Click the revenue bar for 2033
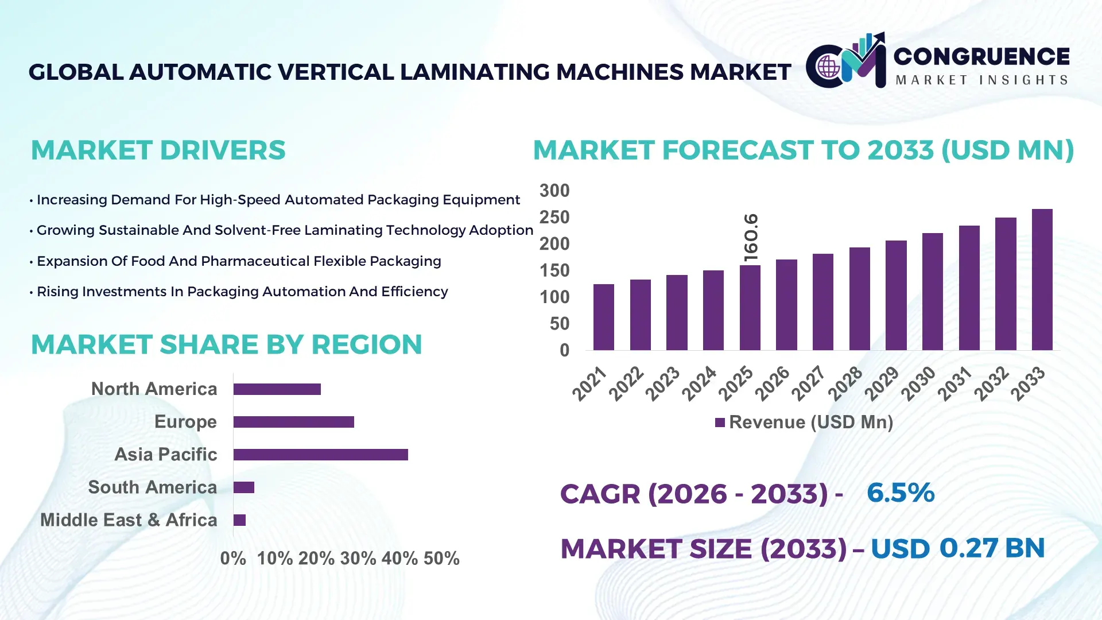(x=1042, y=280)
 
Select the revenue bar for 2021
(x=603, y=317)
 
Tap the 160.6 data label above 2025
(x=751, y=238)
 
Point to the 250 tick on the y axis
(x=554, y=218)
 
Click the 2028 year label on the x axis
(x=845, y=383)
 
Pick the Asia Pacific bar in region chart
(x=320, y=455)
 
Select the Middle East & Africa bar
(x=239, y=520)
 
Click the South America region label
(x=152, y=487)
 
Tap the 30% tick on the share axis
(x=358, y=559)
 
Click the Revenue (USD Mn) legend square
(x=720, y=423)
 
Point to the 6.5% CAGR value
(x=900, y=493)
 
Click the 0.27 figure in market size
(x=968, y=548)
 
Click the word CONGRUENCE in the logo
(x=981, y=56)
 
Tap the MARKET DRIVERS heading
(x=158, y=150)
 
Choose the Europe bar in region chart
(x=293, y=422)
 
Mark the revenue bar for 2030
(x=932, y=292)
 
